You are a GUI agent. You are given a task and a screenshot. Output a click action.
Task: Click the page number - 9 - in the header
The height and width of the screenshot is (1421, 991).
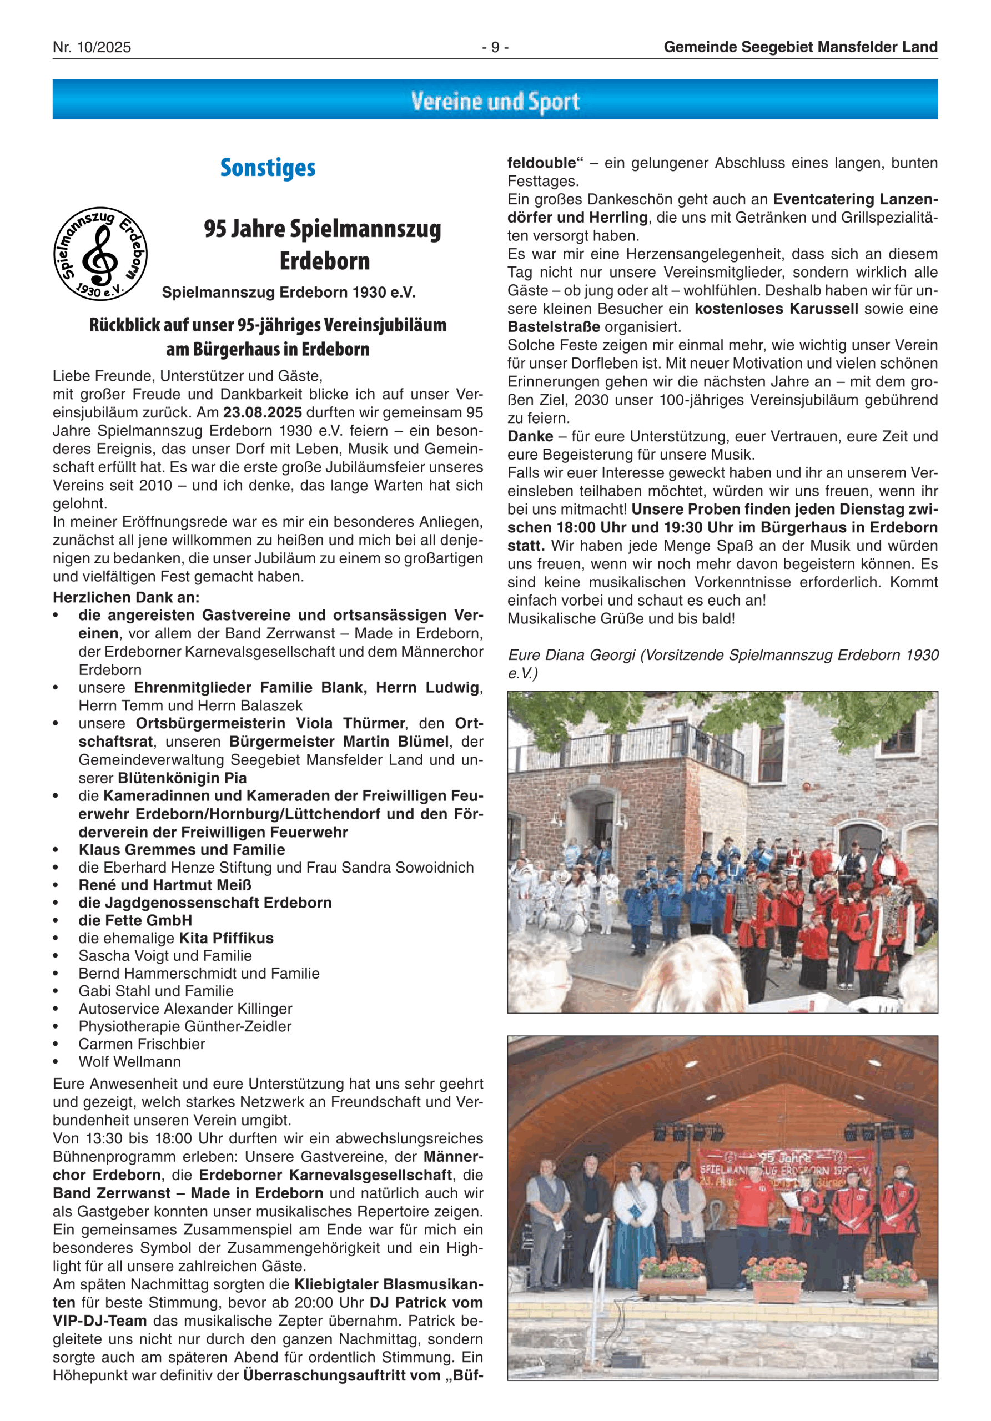coord(495,47)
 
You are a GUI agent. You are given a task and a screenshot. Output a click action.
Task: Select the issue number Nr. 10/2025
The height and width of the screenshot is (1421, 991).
coord(92,47)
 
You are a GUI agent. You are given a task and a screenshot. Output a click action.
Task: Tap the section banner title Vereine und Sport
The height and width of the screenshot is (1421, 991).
coord(495,101)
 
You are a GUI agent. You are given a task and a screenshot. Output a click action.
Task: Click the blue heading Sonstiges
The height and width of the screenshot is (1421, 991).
coord(268,168)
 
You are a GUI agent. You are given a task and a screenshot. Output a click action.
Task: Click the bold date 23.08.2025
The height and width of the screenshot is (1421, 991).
coord(263,412)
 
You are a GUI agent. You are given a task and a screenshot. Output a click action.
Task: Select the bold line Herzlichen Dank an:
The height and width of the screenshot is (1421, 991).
coord(125,597)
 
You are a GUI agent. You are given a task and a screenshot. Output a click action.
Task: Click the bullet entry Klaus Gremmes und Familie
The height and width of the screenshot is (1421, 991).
coord(182,850)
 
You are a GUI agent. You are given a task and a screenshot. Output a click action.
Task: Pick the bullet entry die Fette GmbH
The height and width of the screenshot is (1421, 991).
coord(135,920)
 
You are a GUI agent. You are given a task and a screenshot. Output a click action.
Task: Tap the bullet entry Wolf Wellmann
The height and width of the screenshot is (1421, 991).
coord(129,1061)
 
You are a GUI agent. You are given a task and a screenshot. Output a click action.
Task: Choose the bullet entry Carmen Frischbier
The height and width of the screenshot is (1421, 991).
coord(141,1044)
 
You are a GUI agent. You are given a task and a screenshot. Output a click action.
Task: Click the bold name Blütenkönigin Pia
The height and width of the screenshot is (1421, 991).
coord(182,778)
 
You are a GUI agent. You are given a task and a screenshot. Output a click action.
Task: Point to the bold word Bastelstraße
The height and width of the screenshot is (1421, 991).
coord(554,327)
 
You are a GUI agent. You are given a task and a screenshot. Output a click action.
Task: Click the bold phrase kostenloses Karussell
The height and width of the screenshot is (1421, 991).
coord(776,309)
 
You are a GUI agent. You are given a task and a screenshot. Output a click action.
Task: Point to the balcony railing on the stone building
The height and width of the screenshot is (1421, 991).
coord(625,749)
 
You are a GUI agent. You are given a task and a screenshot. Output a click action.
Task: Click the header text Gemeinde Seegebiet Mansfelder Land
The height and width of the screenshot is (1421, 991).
coord(801,47)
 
